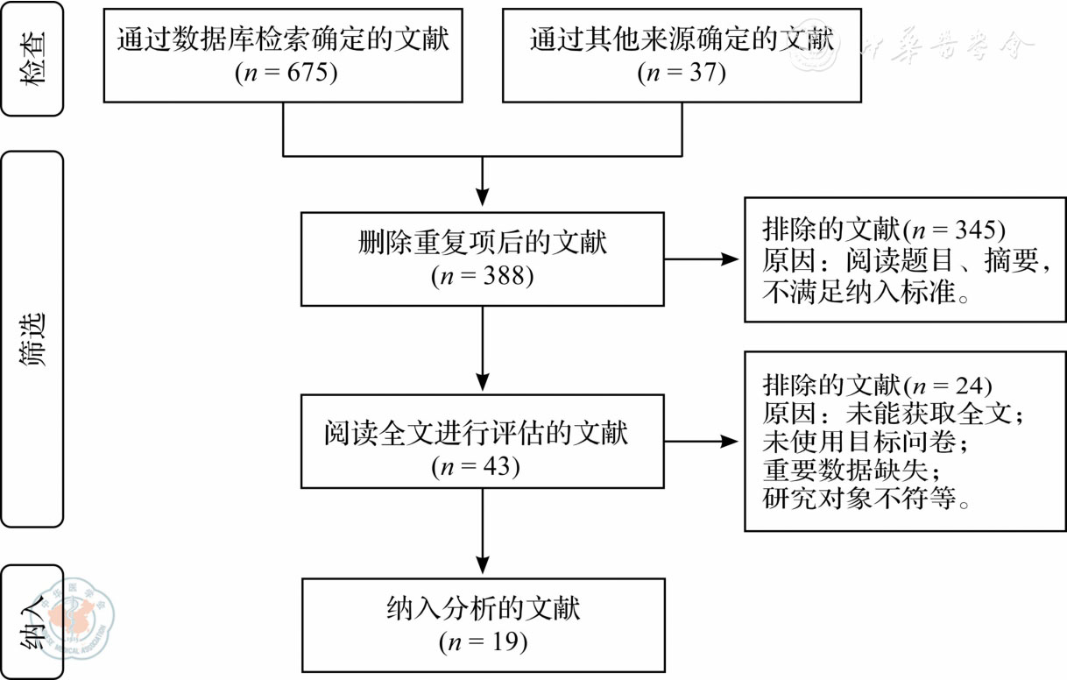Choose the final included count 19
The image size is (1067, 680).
[495, 641]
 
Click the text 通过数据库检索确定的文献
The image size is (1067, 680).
[283, 40]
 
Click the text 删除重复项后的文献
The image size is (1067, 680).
[483, 242]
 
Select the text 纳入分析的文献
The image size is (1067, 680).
[483, 608]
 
